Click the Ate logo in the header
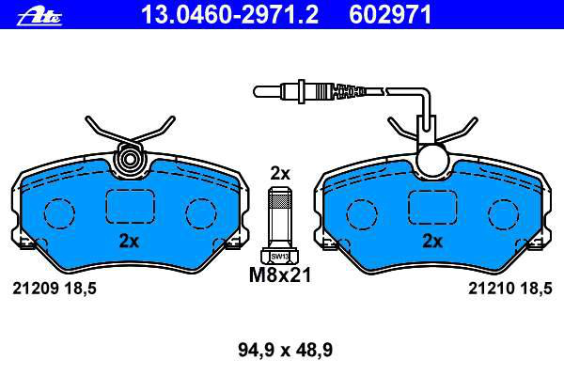(39, 17)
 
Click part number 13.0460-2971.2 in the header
(230, 15)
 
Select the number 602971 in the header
(390, 15)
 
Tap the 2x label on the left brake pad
(129, 241)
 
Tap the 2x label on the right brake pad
(432, 241)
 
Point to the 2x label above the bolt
(280, 174)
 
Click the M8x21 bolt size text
(280, 275)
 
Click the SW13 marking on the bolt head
(280, 257)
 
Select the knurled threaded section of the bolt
(280, 200)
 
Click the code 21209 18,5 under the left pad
(55, 289)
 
